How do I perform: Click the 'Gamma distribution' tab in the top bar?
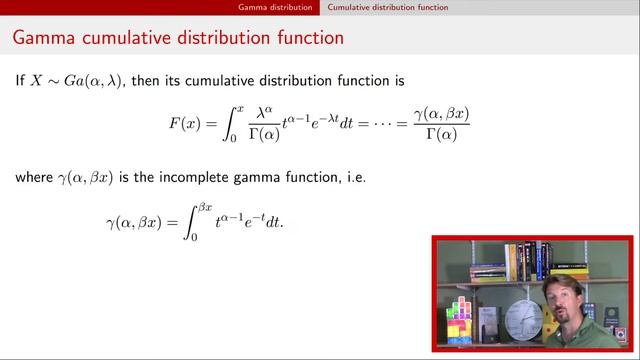pos(275,7)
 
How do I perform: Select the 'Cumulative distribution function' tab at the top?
pos(388,7)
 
